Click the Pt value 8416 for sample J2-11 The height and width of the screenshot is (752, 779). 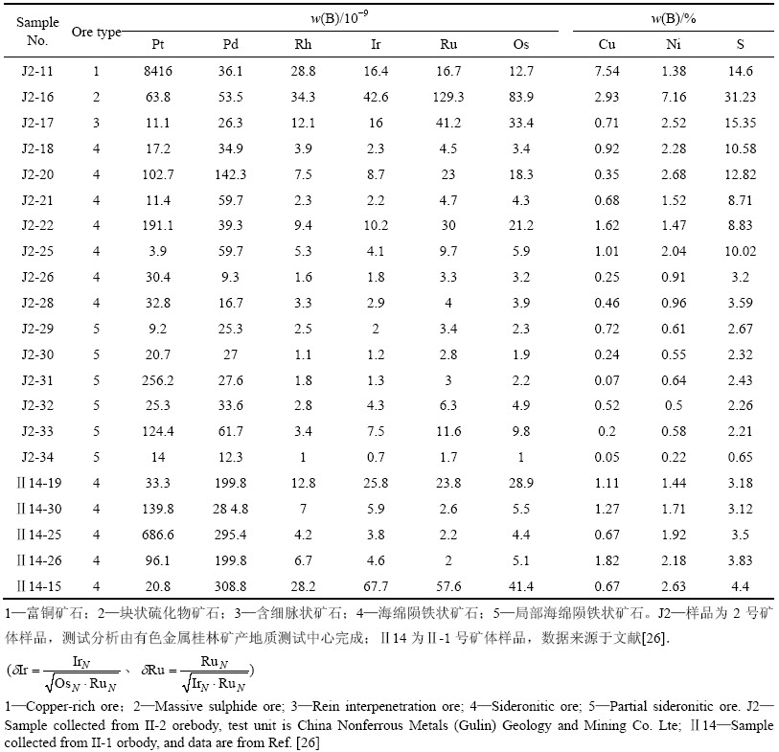tap(158, 71)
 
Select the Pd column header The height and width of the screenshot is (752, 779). tap(231, 44)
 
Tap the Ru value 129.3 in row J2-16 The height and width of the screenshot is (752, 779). tap(448, 97)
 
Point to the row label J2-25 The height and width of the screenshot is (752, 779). tap(37, 251)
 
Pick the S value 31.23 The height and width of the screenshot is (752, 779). tap(740, 97)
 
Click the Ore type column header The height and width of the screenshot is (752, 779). tap(97, 33)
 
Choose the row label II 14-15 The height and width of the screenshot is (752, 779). tap(38, 586)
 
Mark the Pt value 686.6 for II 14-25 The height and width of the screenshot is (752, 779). tap(158, 535)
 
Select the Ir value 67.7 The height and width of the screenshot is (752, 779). tap(376, 586)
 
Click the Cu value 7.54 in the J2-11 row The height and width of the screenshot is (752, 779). tap(607, 71)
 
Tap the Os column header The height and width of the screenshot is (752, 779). tap(520, 44)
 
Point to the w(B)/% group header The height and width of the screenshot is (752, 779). tap(674, 18)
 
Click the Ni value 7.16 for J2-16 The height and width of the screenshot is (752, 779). tap(674, 97)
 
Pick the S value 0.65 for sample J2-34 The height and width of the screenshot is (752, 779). tap(740, 458)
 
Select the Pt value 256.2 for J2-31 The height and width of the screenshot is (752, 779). tap(158, 380)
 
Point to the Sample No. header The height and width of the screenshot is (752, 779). tap(37, 32)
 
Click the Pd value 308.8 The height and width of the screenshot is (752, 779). tap(231, 586)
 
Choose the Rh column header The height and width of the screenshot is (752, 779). tap(303, 44)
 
